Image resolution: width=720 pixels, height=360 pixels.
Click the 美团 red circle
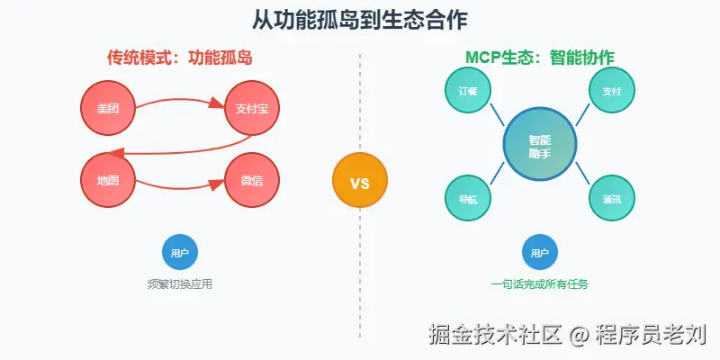pos(108,108)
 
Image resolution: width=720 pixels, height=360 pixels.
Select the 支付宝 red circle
pos(252,108)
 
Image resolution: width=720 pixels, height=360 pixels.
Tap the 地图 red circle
pos(108,180)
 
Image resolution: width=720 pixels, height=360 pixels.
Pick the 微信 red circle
pos(252,180)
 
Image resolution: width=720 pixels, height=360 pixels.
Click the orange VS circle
pos(360,182)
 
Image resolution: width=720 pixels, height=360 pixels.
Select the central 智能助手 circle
pos(540,144)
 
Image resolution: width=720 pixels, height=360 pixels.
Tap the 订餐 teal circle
pos(468,90)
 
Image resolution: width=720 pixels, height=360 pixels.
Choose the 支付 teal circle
pos(612,90)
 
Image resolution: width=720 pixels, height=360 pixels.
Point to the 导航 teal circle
pos(468,198)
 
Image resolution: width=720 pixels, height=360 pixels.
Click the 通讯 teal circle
pos(612,198)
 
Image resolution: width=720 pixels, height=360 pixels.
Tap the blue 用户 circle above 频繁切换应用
pos(180,253)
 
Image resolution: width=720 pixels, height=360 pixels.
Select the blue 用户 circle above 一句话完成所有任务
pos(540,253)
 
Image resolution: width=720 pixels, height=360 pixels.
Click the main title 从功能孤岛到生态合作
pos(360,20)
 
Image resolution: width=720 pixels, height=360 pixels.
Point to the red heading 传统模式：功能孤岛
pos(180,58)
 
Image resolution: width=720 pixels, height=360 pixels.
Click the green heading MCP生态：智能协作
pos(540,58)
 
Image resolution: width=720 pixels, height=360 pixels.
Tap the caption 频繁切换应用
pos(180,284)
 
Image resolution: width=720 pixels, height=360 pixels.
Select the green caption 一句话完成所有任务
pos(540,284)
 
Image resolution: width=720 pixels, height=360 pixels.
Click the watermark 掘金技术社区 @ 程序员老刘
pos(567,335)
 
